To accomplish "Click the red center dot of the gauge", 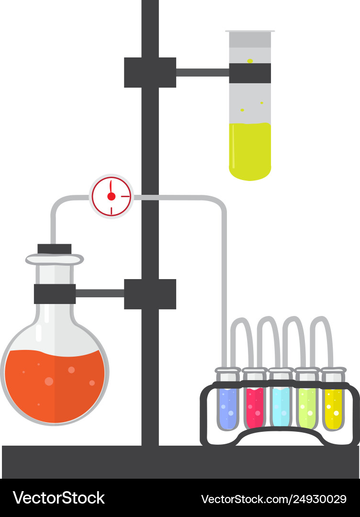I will coord(111,196).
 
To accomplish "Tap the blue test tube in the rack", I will coord(227,407).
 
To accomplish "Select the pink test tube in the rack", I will coord(254,407).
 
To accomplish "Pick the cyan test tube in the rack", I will coord(281,407).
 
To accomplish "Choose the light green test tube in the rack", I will coord(307,407).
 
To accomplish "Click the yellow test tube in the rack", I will coord(333,407).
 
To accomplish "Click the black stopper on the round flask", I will coord(55,249).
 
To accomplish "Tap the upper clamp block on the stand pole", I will coord(150,72).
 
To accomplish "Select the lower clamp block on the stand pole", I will coord(150,294).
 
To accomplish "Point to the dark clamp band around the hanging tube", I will coord(250,73).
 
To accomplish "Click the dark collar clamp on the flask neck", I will coord(55,294).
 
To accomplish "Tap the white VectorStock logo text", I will coord(59,498).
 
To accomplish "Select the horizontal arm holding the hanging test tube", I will coord(202,73).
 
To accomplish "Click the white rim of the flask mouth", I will coord(54,259).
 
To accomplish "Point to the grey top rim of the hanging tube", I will coord(250,32).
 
